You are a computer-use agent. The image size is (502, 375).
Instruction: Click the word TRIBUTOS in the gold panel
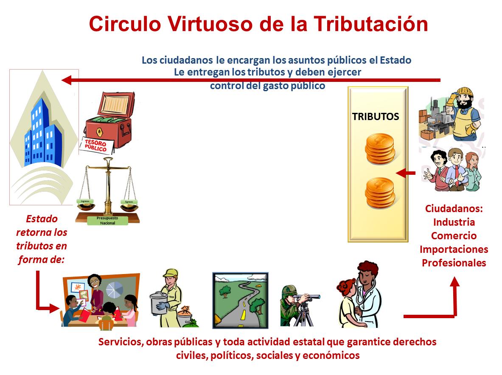(x=376, y=117)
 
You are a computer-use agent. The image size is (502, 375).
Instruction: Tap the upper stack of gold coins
(x=380, y=148)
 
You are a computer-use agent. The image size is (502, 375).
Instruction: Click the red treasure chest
(x=109, y=119)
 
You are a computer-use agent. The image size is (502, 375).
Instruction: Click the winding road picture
(x=240, y=300)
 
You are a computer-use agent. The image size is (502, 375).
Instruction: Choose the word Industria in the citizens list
(x=454, y=222)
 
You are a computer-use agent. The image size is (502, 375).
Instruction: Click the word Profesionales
(x=454, y=263)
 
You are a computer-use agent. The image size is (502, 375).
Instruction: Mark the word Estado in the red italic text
(x=42, y=219)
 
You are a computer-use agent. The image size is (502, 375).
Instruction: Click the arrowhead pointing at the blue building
(x=66, y=80)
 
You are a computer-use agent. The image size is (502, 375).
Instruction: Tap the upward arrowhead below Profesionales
(x=454, y=283)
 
